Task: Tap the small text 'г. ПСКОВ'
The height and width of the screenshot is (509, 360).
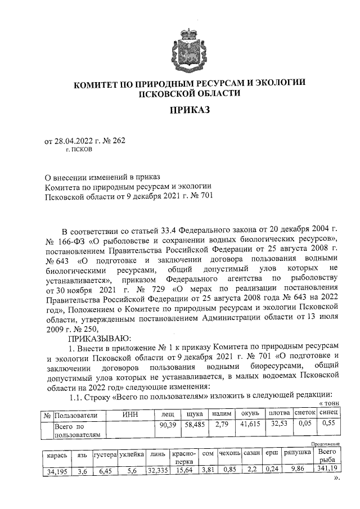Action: [x=80, y=150]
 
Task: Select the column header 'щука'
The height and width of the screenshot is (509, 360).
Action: [x=194, y=414]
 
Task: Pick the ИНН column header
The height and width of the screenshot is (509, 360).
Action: [x=130, y=414]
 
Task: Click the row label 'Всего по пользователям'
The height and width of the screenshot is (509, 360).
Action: [x=76, y=430]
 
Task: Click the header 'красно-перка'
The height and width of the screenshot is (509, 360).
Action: [x=184, y=458]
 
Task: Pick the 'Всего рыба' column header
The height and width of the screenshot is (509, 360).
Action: [x=325, y=457]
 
